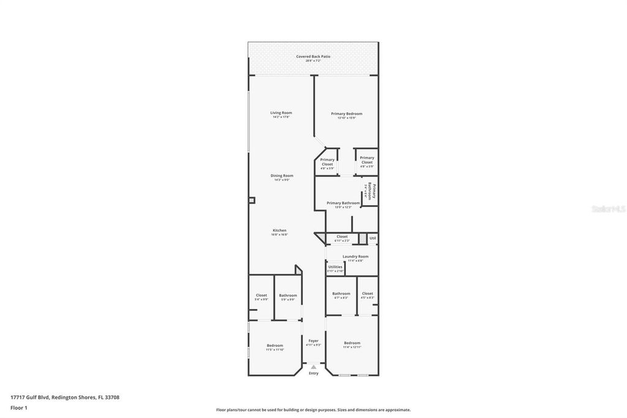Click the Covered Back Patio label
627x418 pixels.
pos(313,56)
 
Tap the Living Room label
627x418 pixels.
pos(281,113)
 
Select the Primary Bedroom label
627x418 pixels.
pos(347,113)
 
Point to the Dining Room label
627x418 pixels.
pos(282,176)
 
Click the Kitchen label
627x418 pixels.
pos(279,230)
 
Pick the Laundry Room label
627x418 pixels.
pos(355,256)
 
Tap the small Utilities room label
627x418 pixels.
pos(335,267)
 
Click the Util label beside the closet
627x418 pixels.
pos(372,237)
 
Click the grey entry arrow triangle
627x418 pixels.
pos(313,367)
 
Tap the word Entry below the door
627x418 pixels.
pos(313,373)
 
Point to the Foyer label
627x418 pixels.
pos(313,341)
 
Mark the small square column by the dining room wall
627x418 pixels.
pos(252,200)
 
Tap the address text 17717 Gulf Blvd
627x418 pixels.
pos(31,397)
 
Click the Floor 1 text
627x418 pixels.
pos(19,407)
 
